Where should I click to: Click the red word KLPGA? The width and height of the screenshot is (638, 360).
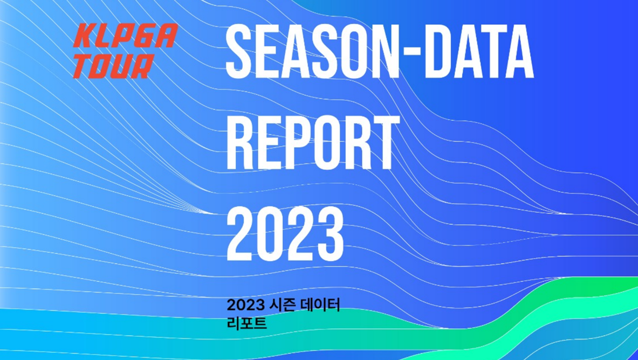125,36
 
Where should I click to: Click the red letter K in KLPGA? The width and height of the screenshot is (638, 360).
84,36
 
